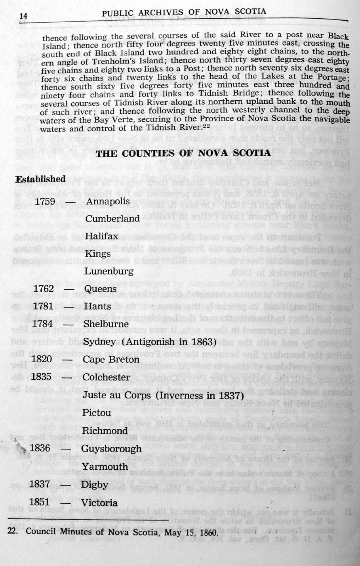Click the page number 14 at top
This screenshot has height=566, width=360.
coord(23,16)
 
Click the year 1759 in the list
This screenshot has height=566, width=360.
coord(45,201)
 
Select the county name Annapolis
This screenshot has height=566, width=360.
coord(108,201)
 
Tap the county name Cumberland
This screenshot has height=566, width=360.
coord(112,218)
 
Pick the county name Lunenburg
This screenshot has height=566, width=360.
coord(109,272)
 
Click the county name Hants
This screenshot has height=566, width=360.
coord(97,306)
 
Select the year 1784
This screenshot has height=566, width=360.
coord(42,324)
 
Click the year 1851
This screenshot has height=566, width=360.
coord(39,502)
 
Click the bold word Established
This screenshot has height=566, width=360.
coord(40,179)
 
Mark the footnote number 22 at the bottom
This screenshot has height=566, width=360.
coord(13,531)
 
